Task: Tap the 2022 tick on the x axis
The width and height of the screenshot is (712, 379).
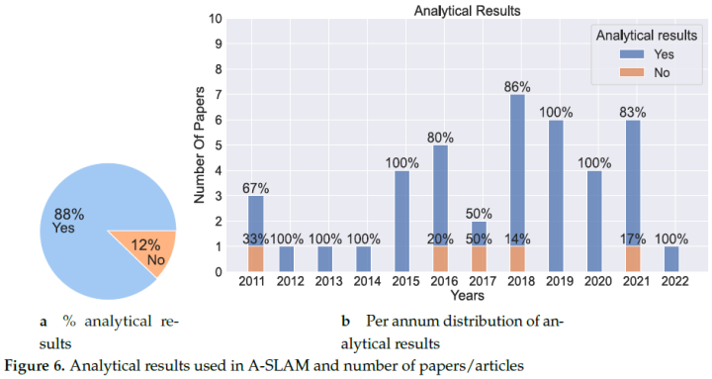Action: (672, 282)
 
